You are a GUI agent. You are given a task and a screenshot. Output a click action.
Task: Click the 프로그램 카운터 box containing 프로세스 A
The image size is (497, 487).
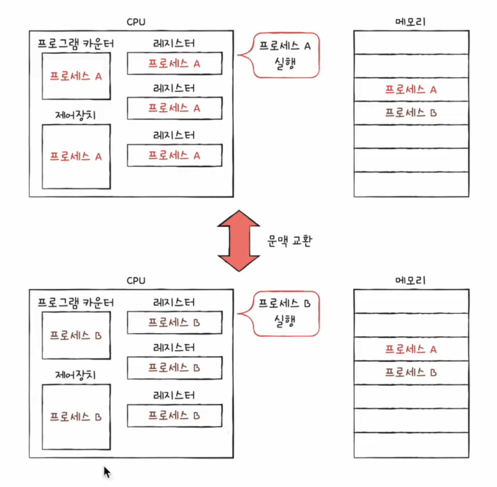point(76,76)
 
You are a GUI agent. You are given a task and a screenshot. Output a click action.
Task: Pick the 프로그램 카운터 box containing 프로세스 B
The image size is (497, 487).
point(76,335)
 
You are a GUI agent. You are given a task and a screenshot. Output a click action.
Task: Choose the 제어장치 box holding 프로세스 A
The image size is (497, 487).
point(76,157)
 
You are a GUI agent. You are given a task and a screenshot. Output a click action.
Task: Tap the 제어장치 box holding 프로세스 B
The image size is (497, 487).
point(76,417)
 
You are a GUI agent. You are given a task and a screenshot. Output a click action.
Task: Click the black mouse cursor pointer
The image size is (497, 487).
point(107,471)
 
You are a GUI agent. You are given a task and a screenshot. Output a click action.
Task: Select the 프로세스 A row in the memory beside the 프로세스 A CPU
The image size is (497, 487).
point(411,89)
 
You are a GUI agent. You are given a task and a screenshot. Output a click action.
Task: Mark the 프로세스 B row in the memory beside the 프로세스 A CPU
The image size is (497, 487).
point(411,113)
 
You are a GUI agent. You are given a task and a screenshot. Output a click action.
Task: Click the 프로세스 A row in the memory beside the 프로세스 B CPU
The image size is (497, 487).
point(411,349)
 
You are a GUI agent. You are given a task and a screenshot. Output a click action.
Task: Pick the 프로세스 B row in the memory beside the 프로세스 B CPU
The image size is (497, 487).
point(411,373)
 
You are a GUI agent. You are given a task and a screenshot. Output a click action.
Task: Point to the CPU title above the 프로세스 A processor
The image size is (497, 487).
point(136,22)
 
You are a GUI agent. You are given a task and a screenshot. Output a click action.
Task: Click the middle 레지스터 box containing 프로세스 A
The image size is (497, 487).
point(174,108)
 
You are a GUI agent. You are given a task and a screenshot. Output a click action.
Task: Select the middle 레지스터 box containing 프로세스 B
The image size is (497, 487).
point(174,368)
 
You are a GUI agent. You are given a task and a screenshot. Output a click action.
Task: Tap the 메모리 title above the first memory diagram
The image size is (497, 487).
point(411,22)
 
